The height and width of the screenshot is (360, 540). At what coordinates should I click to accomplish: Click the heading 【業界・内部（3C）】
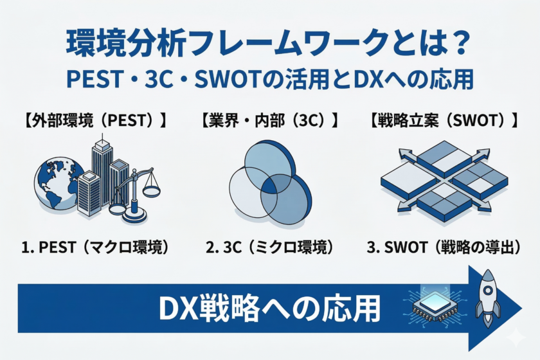tap(269, 121)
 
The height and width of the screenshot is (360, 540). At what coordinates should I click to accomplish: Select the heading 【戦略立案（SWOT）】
tap(444, 121)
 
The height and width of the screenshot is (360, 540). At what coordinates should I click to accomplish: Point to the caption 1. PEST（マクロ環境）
tap(95, 247)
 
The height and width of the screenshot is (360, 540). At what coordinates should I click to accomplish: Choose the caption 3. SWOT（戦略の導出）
tap(444, 247)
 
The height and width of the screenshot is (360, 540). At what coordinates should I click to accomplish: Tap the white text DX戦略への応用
tap(269, 309)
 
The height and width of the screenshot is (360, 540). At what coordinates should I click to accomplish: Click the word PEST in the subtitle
tap(94, 79)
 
